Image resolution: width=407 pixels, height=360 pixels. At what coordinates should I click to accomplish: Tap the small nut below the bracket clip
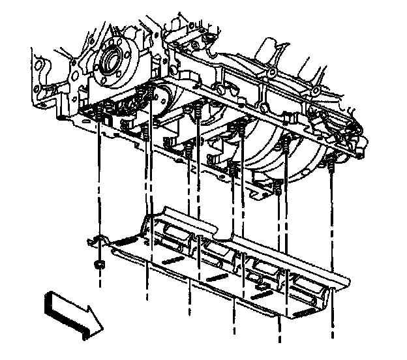[100, 265]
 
